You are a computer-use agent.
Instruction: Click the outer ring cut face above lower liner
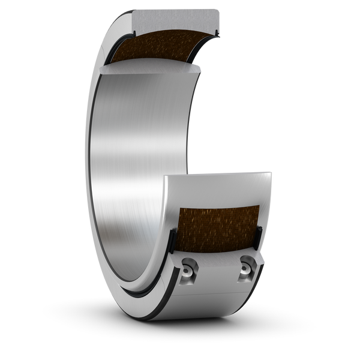[x=219, y=186]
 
